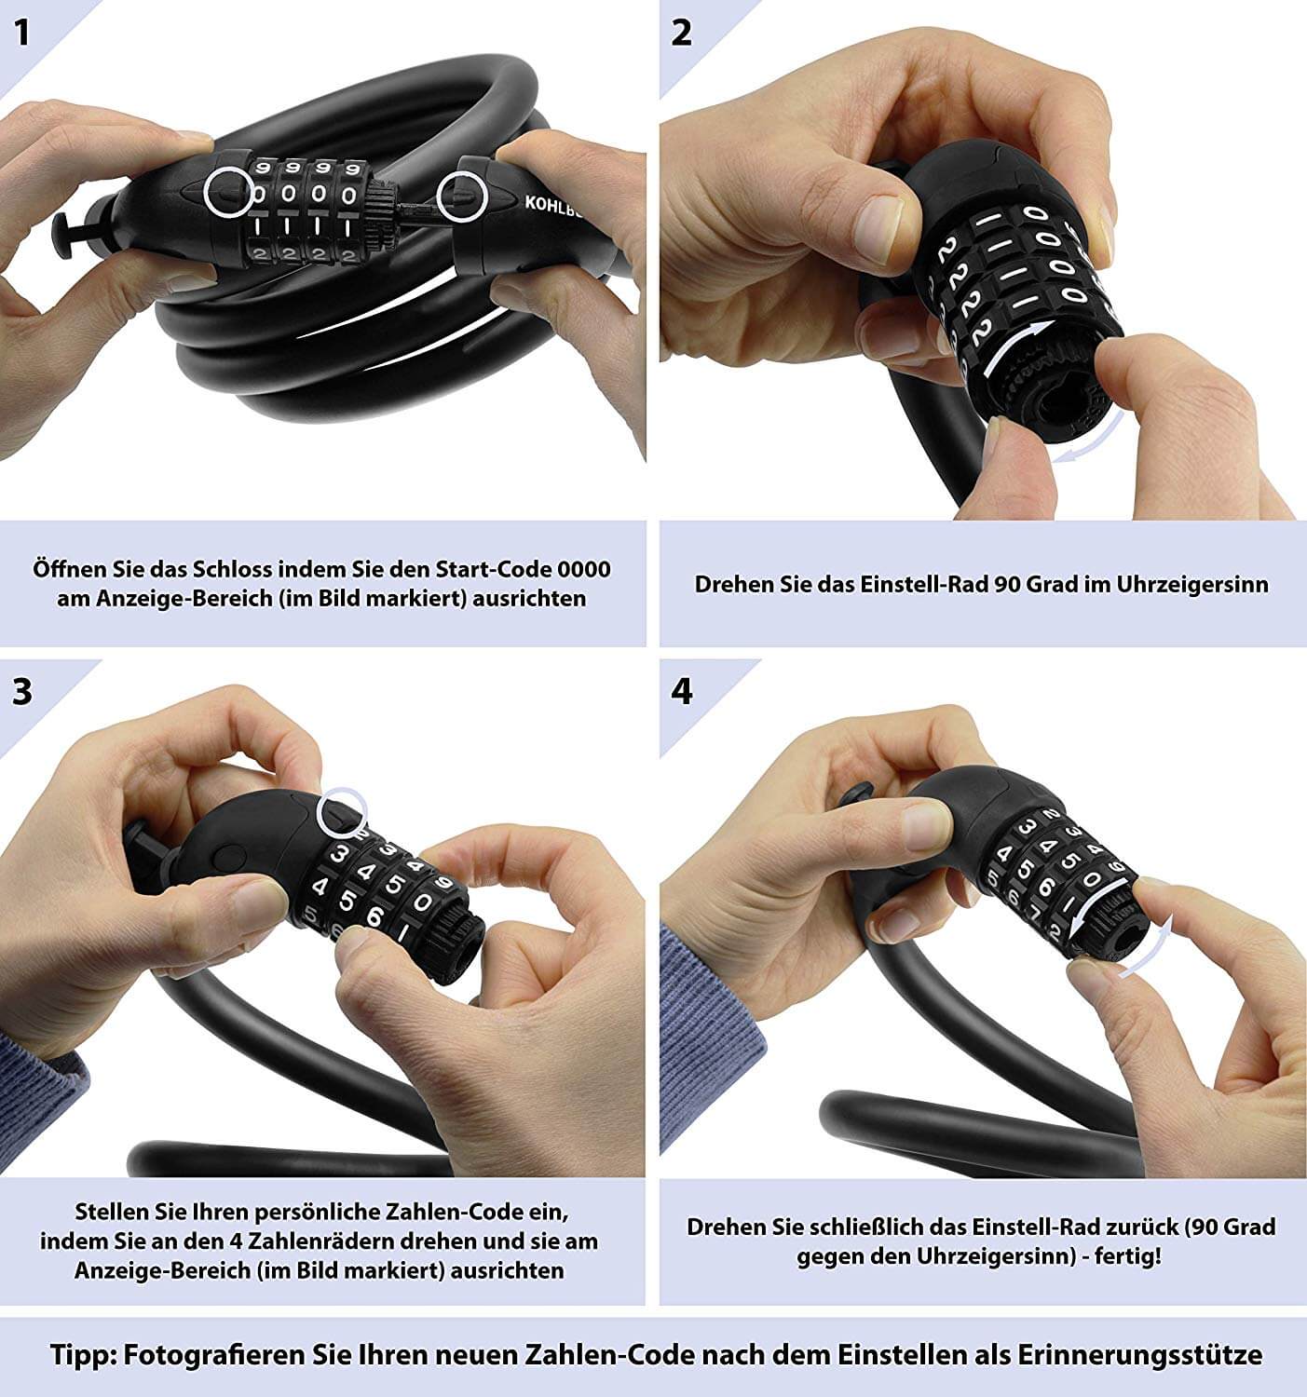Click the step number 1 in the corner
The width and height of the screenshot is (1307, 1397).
[x=22, y=33]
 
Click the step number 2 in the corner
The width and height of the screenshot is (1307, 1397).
[x=681, y=33]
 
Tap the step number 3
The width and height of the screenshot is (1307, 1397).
[x=22, y=692]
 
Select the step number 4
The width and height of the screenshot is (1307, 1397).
[x=681, y=692]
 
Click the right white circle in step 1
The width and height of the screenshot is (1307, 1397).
[x=462, y=197]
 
